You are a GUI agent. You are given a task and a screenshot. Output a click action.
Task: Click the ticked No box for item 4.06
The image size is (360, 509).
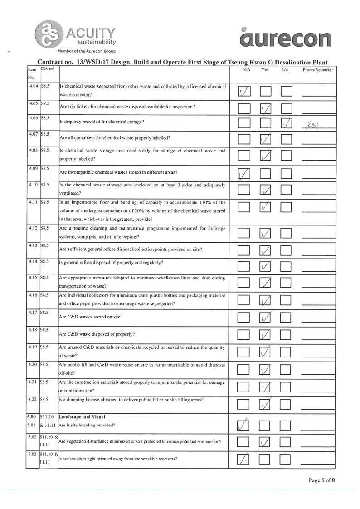pyautogui.click(x=287, y=123)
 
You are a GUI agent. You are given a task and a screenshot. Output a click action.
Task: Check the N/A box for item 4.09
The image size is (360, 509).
pyautogui.click(x=244, y=174)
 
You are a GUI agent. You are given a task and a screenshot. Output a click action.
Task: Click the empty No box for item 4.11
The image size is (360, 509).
pyautogui.click(x=287, y=208)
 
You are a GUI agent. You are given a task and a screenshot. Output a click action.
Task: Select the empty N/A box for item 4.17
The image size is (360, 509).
pyautogui.click(x=244, y=318)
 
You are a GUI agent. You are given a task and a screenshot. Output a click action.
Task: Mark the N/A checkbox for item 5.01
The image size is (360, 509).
pyautogui.click(x=244, y=426)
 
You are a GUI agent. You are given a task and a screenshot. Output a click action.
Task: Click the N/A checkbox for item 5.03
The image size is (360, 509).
pyautogui.click(x=244, y=460)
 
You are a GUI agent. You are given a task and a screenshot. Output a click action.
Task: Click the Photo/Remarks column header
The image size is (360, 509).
pyautogui.click(x=317, y=70)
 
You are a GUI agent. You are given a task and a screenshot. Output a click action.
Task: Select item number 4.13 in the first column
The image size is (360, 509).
pyautogui.click(x=33, y=245)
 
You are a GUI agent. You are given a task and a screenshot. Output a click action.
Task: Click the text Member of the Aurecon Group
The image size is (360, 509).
pyautogui.click(x=86, y=50)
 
